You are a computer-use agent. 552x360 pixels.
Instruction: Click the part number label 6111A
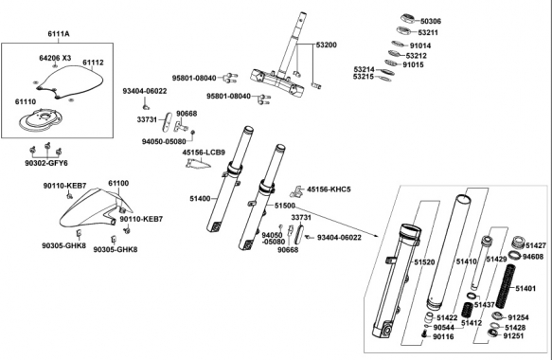click(59, 34)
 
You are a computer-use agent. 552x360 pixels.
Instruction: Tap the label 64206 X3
click(55, 58)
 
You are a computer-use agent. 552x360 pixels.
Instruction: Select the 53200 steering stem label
click(326, 45)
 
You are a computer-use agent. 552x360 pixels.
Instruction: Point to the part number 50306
click(431, 21)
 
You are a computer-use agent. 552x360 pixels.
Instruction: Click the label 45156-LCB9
click(204, 153)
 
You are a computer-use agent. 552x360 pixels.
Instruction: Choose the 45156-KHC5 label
click(329, 189)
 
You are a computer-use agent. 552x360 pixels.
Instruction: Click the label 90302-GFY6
click(46, 164)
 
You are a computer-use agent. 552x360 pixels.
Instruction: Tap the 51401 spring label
click(525, 289)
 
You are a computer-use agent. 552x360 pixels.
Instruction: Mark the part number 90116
click(443, 337)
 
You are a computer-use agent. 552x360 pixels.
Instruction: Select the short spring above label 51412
click(467, 310)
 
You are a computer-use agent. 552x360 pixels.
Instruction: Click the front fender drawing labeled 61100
click(95, 209)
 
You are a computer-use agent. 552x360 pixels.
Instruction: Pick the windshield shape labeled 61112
click(70, 81)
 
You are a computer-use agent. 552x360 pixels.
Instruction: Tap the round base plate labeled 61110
click(42, 118)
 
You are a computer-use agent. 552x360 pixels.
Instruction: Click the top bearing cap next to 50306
click(409, 18)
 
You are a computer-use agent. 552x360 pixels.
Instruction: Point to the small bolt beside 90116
click(424, 333)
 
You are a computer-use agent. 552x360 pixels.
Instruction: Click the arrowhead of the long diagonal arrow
click(377, 236)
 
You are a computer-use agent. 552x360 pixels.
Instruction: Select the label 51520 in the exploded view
click(424, 262)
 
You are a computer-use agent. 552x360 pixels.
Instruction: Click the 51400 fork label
click(200, 199)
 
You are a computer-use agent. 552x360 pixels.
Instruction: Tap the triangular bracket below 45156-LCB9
click(198, 163)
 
